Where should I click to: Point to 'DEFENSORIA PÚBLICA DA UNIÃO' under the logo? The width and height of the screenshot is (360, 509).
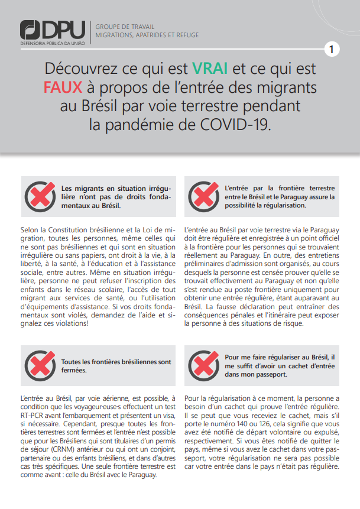pos(52,44)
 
